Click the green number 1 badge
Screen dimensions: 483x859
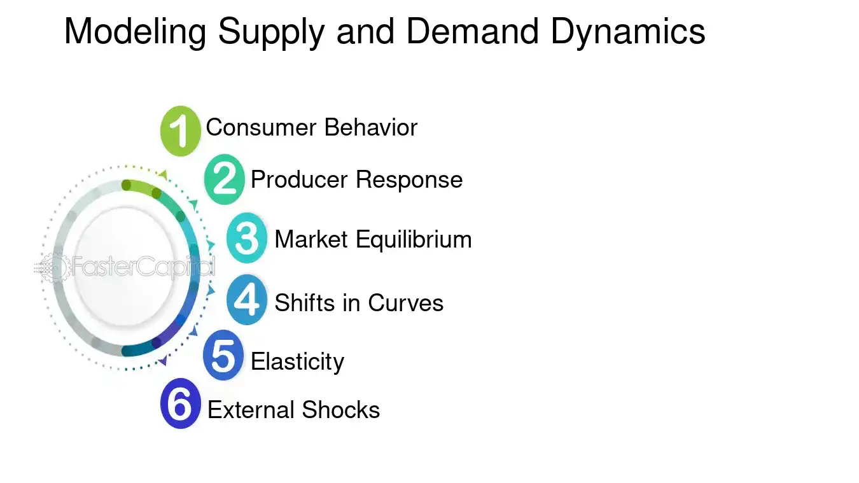point(181,130)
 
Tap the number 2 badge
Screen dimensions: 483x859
point(225,179)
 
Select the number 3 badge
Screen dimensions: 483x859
point(247,239)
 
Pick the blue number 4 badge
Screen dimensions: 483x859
point(247,300)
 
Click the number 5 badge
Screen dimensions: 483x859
point(223,356)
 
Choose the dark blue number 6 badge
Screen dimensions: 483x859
point(181,405)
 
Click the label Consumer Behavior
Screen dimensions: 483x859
point(311,127)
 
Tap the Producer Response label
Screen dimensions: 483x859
point(356,179)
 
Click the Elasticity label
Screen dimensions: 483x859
point(297,361)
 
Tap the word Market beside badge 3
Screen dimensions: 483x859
point(312,240)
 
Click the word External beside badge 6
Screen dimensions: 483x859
point(251,410)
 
